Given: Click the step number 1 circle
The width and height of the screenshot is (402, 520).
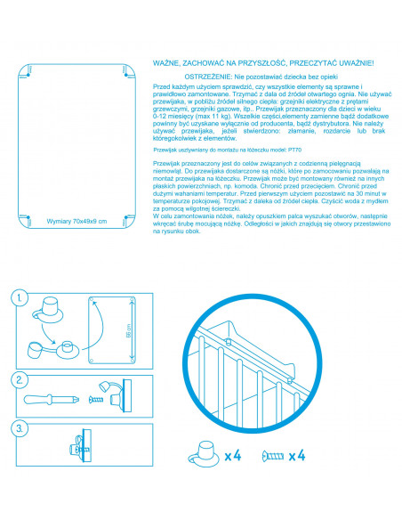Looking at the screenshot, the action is (x=20, y=297).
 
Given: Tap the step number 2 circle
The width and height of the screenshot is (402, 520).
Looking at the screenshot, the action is (x=20, y=380).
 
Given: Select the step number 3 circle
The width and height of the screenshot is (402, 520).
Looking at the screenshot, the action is (x=20, y=428).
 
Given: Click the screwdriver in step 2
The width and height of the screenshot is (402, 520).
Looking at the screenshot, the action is (x=52, y=399).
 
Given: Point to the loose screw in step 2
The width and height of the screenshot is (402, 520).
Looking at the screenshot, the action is (x=96, y=399).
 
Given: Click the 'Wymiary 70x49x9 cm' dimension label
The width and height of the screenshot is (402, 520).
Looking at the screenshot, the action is (x=76, y=221).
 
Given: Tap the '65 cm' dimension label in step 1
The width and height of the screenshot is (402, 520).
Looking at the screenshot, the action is (x=128, y=330).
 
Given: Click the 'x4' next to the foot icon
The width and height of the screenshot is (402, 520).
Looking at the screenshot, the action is (x=233, y=456).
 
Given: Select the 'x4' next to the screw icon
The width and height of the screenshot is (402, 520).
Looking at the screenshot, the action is (x=297, y=456).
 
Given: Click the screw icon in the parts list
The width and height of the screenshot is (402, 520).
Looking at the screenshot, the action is (x=273, y=456).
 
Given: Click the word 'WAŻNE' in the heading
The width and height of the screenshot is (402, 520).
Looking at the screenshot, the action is (x=165, y=63).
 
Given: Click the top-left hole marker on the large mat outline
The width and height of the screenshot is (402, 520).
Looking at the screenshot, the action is (x=28, y=75).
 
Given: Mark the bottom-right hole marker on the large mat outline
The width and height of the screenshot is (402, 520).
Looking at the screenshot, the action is (x=125, y=217).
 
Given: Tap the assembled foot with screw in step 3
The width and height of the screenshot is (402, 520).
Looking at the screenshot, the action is (x=81, y=446).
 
